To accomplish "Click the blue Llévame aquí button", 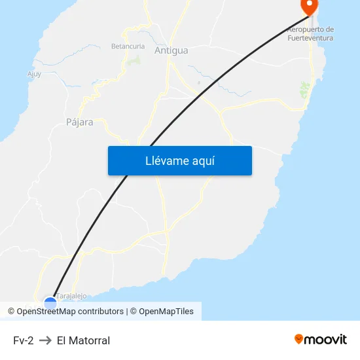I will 179,160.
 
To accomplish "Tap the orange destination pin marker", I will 308,6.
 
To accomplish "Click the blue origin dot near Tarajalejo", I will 50,302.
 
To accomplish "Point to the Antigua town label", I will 171,50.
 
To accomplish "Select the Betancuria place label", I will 128,46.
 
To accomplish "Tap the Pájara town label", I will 80,122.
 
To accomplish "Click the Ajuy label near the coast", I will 34,74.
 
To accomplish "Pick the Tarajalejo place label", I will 71,296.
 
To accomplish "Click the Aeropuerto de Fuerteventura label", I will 310,33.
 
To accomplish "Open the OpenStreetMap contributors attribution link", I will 70,312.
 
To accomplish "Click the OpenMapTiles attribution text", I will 166,312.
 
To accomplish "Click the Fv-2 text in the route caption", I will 23,340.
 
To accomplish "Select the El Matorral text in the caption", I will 83,340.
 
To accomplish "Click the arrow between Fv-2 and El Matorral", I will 45,340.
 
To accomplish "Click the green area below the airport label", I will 304,90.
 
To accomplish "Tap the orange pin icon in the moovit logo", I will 299,339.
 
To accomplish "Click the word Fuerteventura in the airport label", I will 310,38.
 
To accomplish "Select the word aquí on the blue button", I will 204,160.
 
